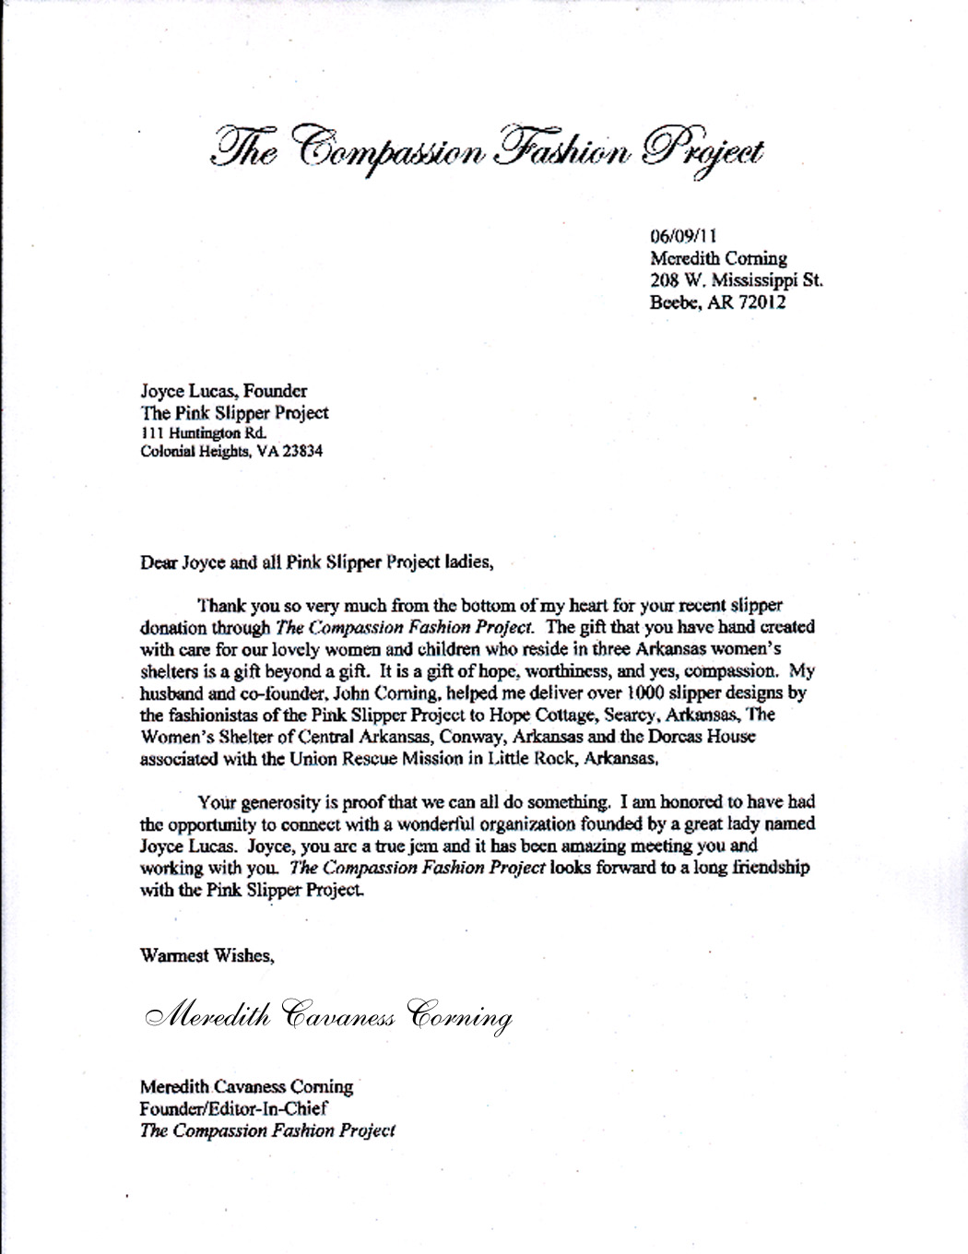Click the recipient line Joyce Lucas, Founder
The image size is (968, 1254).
[224, 391]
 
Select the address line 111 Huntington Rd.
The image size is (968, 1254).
[203, 432]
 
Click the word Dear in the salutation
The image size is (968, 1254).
[158, 562]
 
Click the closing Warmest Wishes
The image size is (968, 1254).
[207, 955]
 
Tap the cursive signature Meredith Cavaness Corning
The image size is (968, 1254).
[328, 1014]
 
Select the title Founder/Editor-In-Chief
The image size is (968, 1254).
[233, 1109]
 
